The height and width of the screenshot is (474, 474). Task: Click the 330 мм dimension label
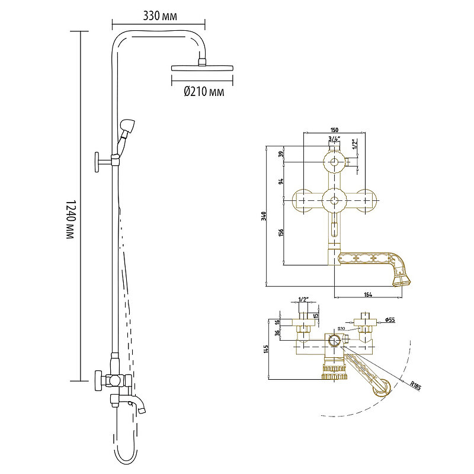point(161,15)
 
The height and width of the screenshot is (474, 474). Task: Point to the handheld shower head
point(127,127)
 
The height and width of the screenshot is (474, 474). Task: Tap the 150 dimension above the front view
point(335,130)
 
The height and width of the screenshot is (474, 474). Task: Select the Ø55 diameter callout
point(390,320)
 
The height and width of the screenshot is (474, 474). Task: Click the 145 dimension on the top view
point(267,348)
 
